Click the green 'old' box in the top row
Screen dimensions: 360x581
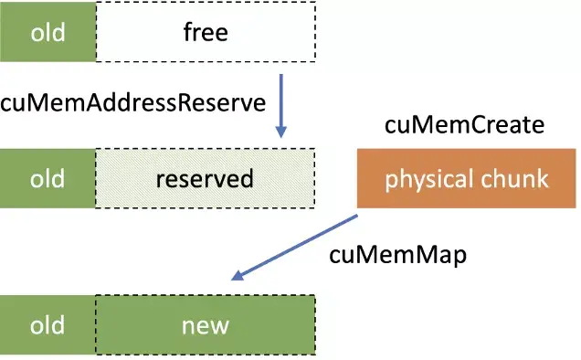pyautogui.click(x=48, y=34)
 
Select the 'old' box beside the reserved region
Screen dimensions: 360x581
pyautogui.click(x=48, y=178)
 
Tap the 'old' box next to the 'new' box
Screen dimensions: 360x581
pyautogui.click(x=48, y=325)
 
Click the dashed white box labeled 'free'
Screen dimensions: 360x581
pyautogui.click(x=205, y=34)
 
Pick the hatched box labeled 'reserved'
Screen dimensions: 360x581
pyautogui.click(x=205, y=178)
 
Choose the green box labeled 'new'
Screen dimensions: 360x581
pyautogui.click(x=205, y=325)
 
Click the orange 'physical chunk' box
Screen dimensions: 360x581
pyautogui.click(x=467, y=178)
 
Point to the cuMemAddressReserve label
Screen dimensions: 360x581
pyautogui.click(x=132, y=102)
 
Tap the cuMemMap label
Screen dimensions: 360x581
pyautogui.click(x=397, y=255)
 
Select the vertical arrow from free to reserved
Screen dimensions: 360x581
pyautogui.click(x=280, y=105)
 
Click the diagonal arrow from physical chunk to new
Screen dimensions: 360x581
pyautogui.click(x=294, y=248)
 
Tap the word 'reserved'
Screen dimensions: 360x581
pyautogui.click(x=205, y=178)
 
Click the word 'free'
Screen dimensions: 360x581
pyautogui.click(x=205, y=34)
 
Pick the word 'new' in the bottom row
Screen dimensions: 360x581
pyautogui.click(x=205, y=326)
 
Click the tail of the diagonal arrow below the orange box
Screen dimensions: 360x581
pyautogui.click(x=354, y=217)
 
